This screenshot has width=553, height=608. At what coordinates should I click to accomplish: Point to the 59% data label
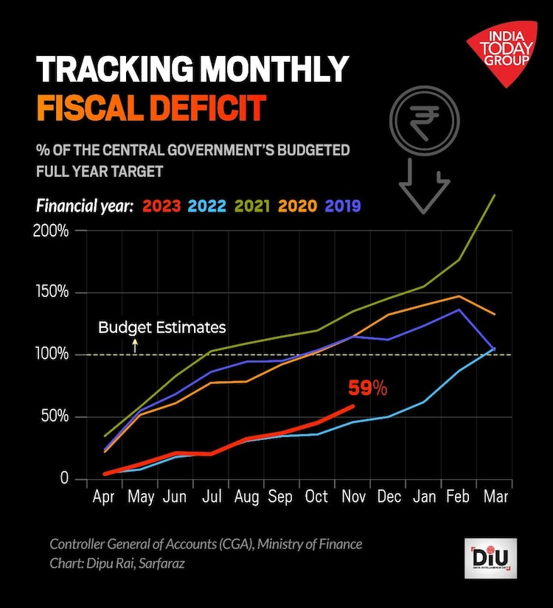[x=367, y=388]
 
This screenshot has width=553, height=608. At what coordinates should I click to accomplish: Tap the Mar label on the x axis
[x=495, y=497]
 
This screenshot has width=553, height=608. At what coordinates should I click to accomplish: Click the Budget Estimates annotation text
[x=161, y=327]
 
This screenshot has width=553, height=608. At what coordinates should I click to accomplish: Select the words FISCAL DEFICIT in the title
[x=150, y=108]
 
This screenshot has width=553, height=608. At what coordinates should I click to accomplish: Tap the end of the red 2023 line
[x=353, y=406]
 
